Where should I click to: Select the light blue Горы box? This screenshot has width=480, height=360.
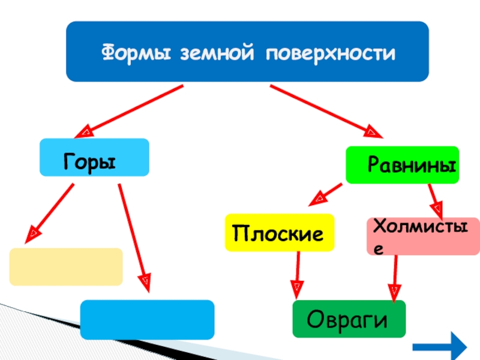94,158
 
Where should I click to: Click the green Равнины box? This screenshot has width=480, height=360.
402,164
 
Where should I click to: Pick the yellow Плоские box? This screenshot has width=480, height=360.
279,232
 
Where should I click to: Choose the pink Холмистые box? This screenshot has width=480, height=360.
423,236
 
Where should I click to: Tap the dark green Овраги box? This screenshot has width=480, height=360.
349,319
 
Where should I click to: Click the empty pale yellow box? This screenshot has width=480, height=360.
66,266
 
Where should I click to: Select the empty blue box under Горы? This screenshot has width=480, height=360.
147,319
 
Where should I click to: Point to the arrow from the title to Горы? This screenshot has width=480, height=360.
132,110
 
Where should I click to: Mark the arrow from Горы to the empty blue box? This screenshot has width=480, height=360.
134,234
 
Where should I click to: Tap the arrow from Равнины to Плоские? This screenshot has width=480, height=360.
328,193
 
